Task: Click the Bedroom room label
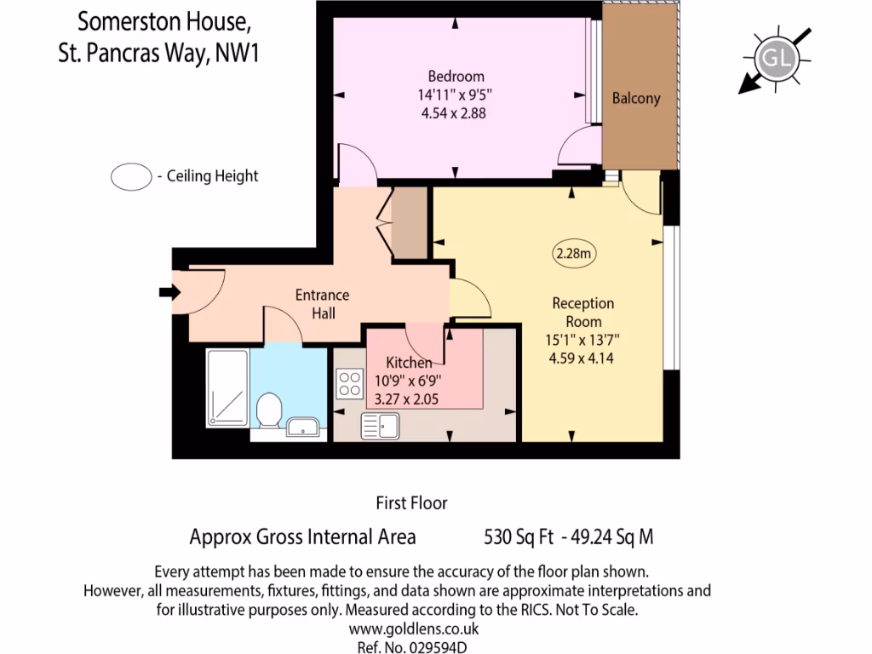point(456,76)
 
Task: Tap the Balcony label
point(636,98)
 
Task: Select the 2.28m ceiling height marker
point(574,253)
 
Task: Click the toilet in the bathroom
point(269,410)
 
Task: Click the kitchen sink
point(381,424)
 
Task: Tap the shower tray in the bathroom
point(227,387)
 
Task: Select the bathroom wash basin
point(303,426)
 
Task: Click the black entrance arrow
point(169,293)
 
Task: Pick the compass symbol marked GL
point(776,58)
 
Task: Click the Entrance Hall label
point(322,304)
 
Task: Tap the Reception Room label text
point(582,312)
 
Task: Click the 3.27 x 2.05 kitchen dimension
point(407,398)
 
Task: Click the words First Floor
point(411,503)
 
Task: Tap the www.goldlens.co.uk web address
point(414,629)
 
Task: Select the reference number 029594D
point(414,646)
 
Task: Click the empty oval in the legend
point(130,177)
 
